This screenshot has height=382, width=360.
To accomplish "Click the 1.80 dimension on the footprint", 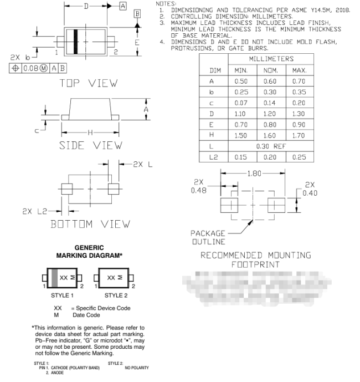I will click(254, 174).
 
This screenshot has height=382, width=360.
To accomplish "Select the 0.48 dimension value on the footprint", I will click(198, 190).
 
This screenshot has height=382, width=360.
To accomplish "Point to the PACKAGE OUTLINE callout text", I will click(209, 237).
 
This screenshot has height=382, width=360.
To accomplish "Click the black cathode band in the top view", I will click(75, 40).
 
